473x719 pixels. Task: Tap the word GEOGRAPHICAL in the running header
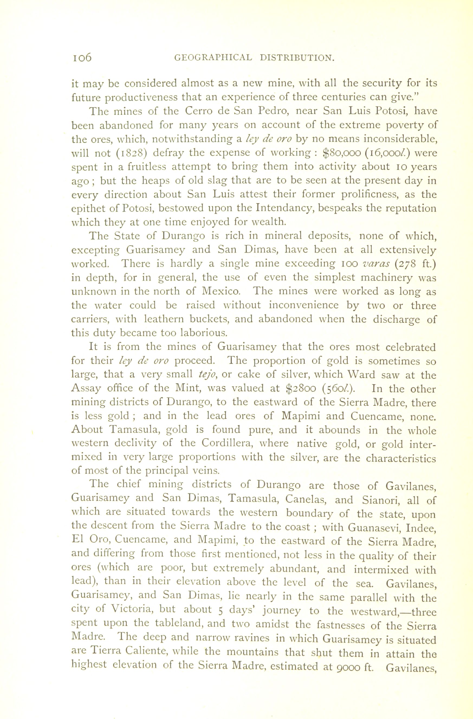pyautogui.click(x=213, y=57)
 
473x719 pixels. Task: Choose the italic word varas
pyautogui.click(x=375, y=264)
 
